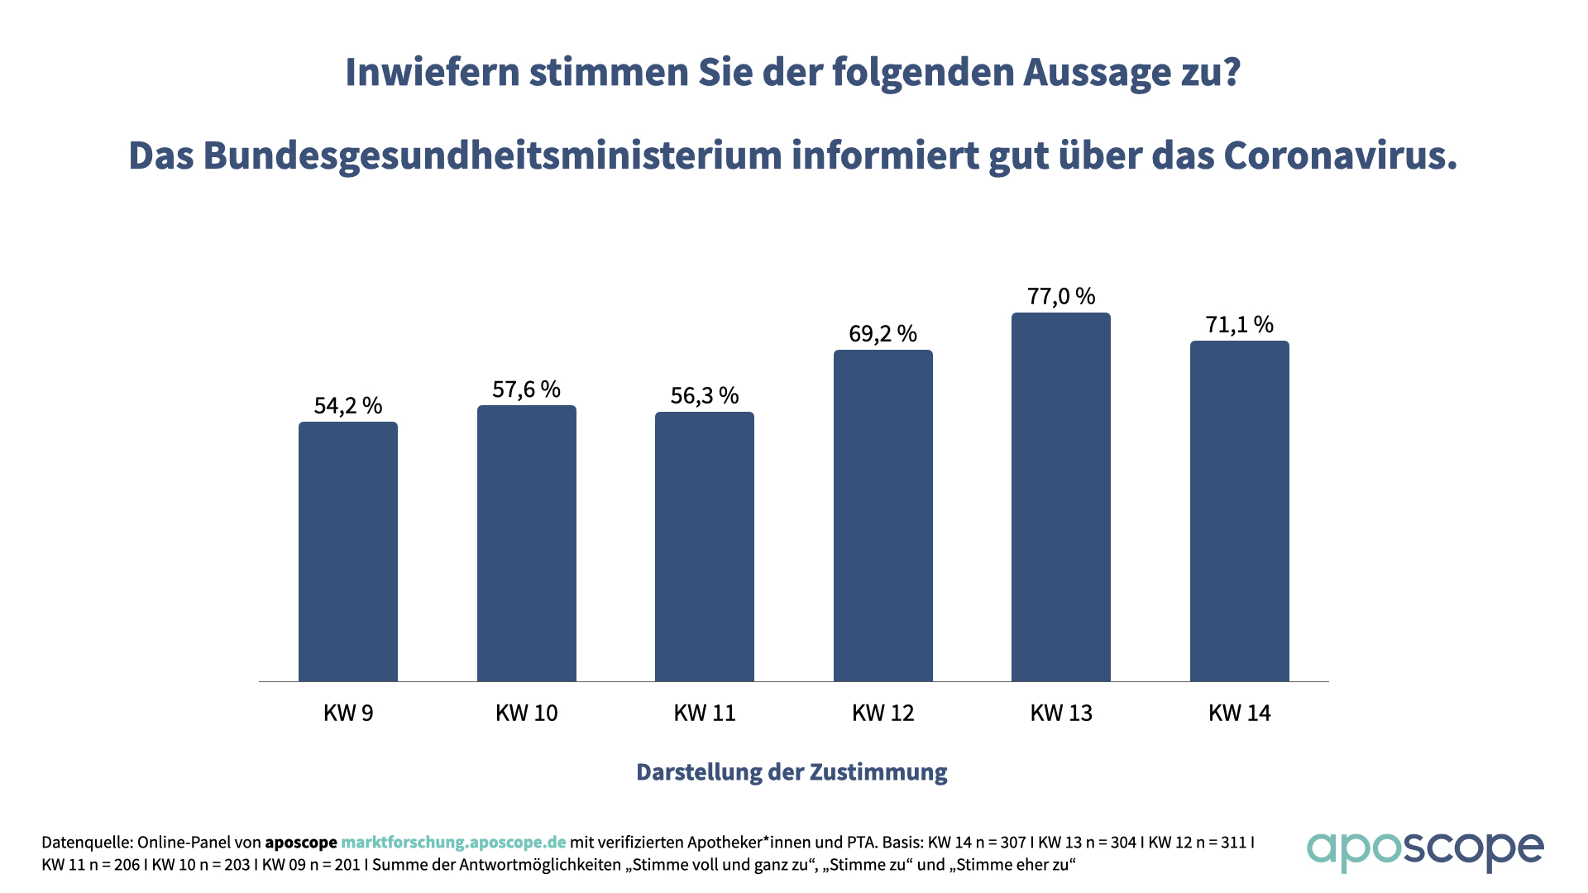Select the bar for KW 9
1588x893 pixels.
click(348, 552)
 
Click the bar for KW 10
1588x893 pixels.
click(527, 543)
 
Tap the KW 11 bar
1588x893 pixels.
click(705, 547)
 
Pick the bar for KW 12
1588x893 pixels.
click(883, 516)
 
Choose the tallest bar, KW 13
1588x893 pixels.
click(1061, 497)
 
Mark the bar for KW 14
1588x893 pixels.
click(1240, 511)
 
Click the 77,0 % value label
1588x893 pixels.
click(1061, 296)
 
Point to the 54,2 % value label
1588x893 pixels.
click(348, 405)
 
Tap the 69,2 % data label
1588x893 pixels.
click(883, 333)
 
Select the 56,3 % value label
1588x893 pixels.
click(705, 395)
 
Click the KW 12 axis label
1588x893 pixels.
click(883, 713)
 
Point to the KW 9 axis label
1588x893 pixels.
click(348, 713)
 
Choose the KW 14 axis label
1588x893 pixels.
click(1240, 713)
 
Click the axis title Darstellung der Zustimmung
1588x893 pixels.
click(792, 772)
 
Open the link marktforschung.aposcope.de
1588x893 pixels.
click(453, 843)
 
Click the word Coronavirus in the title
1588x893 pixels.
click(1340, 155)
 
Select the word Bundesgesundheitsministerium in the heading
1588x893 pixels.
click(492, 155)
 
